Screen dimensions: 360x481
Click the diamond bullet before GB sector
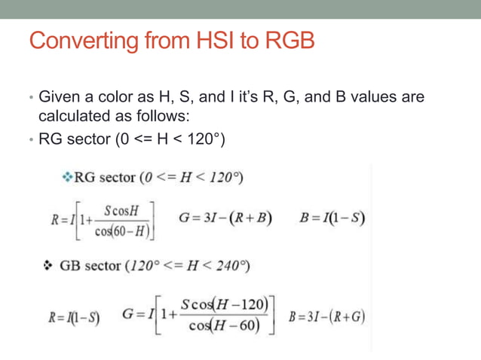[47, 266]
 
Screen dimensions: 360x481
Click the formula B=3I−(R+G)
[326, 314]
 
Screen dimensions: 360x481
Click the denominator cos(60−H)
[123, 230]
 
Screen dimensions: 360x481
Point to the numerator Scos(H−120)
[225, 304]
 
